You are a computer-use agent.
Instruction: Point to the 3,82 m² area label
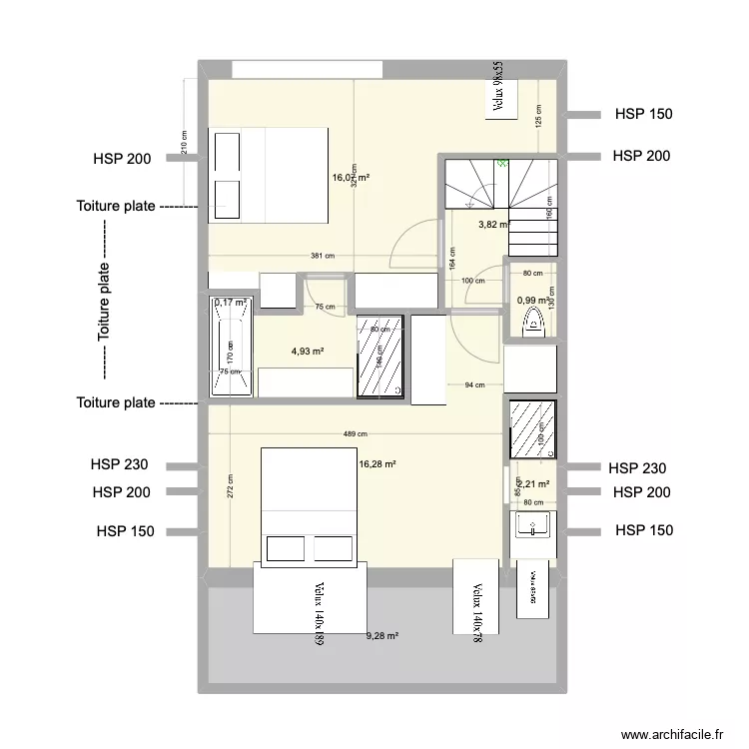tap(494, 225)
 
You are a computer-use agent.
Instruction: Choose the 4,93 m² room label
tap(308, 352)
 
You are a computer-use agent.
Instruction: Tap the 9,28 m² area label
tap(381, 636)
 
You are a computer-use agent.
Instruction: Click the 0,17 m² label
tap(230, 303)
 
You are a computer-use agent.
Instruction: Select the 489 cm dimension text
tap(354, 434)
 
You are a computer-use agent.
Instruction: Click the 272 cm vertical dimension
tap(230, 486)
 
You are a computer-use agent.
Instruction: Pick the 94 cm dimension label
tap(476, 384)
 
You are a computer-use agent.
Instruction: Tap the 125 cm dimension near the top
tap(537, 117)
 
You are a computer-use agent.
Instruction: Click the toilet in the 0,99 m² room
tap(531, 323)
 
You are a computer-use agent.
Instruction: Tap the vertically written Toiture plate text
tap(104, 303)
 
